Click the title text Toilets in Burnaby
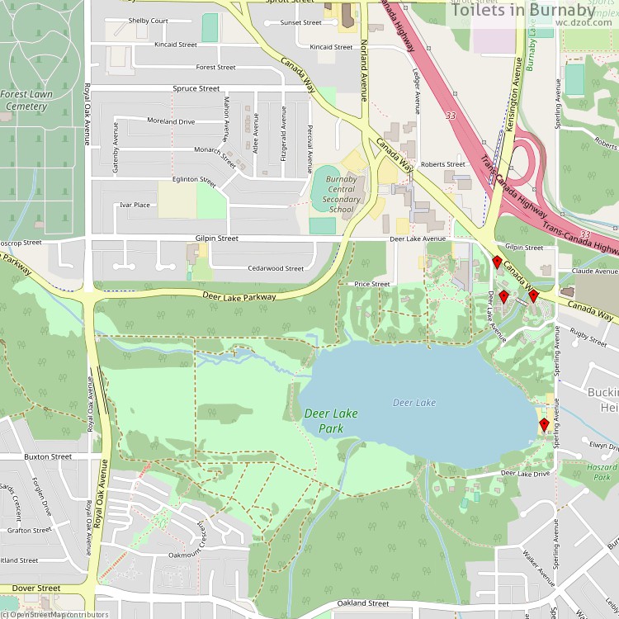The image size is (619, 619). (x=535, y=11)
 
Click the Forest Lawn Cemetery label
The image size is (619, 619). (x=26, y=100)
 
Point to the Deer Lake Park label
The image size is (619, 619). (x=331, y=421)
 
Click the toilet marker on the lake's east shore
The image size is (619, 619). (x=544, y=425)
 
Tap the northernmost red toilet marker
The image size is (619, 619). (x=497, y=262)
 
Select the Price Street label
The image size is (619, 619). (x=372, y=284)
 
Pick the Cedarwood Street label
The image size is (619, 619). (x=276, y=268)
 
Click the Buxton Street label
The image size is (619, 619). (x=48, y=456)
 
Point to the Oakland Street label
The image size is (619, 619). (x=363, y=603)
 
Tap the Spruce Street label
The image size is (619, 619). (x=196, y=88)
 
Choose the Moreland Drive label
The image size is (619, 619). (x=171, y=121)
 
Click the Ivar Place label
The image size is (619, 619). (x=135, y=205)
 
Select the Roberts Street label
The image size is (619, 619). (x=443, y=164)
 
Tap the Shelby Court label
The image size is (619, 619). (x=149, y=21)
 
